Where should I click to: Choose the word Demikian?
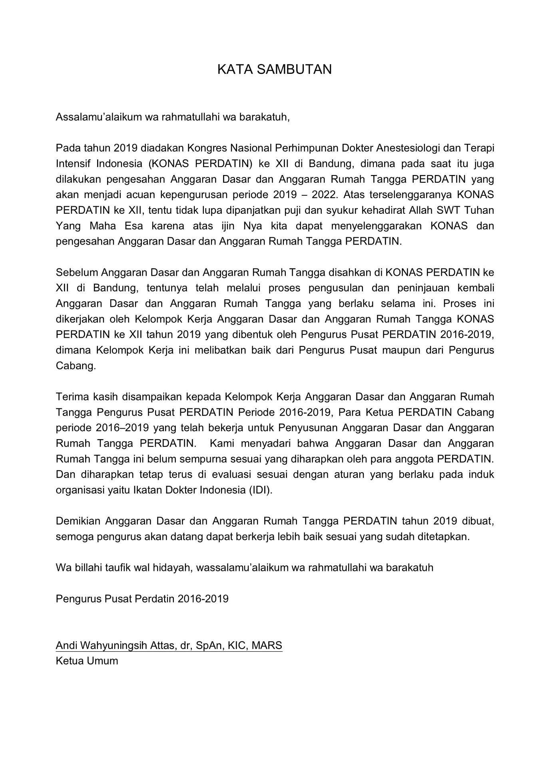coord(78,521)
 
